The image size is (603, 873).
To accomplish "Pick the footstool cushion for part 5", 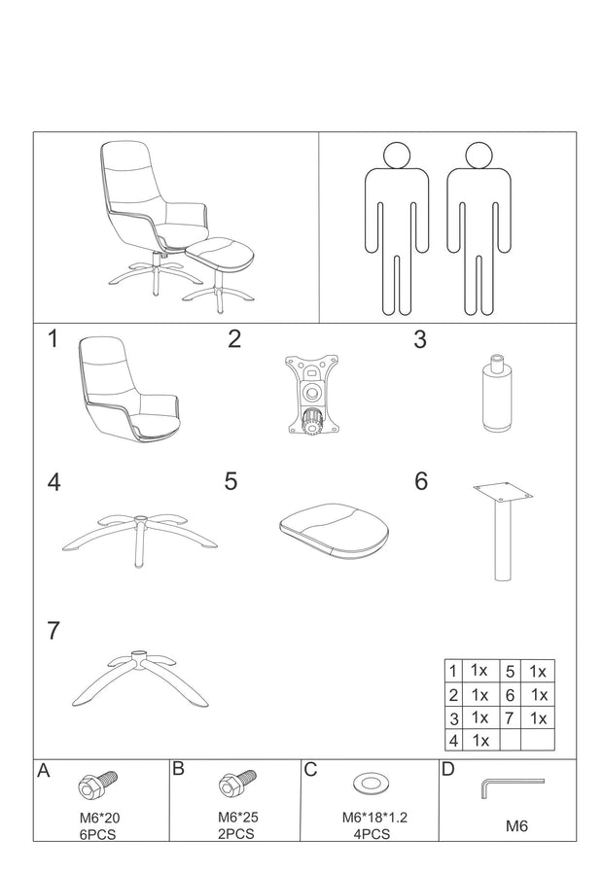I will pos(334,530).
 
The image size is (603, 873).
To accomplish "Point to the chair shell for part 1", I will pos(124,389).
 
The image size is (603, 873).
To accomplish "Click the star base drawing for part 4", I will pos(139,534).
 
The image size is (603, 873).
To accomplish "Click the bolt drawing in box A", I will pos(97,782).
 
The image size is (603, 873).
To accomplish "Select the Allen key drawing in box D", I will pos(510,786).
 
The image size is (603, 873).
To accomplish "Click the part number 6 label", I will pos(420,481).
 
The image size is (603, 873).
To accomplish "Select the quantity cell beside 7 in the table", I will pos(537,717).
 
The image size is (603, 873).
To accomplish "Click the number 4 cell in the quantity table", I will pos(453,740).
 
